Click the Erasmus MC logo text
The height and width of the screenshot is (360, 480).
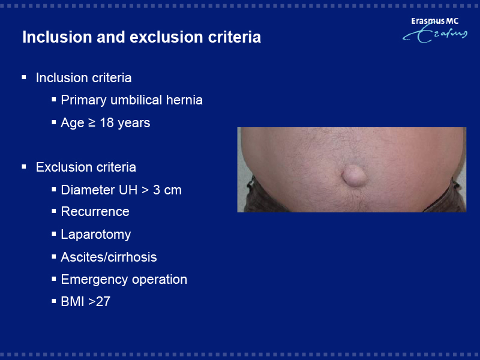click(x=434, y=21)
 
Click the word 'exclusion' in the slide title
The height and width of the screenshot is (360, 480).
click(x=166, y=37)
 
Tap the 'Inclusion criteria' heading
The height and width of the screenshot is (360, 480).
click(x=83, y=78)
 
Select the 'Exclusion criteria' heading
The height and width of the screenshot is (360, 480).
click(x=86, y=167)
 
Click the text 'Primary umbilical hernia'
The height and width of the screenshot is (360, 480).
click(x=131, y=100)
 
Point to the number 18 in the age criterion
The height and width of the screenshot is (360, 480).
click(x=107, y=123)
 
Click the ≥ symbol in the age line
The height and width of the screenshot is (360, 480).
click(x=92, y=123)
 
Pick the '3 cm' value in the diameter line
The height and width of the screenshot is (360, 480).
click(x=167, y=190)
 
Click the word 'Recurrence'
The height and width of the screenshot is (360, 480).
click(x=95, y=212)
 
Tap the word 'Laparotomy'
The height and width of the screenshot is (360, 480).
click(x=96, y=235)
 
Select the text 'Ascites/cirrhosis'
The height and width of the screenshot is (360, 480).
click(x=109, y=257)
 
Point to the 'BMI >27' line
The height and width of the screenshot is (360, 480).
click(x=85, y=302)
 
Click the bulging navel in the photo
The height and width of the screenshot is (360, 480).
click(x=353, y=175)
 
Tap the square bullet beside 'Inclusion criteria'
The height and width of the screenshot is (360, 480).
click(x=24, y=77)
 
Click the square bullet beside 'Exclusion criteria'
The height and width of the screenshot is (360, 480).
click(x=24, y=167)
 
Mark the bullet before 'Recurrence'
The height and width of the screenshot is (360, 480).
click(x=54, y=211)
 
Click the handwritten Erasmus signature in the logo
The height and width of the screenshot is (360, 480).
click(x=434, y=34)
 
